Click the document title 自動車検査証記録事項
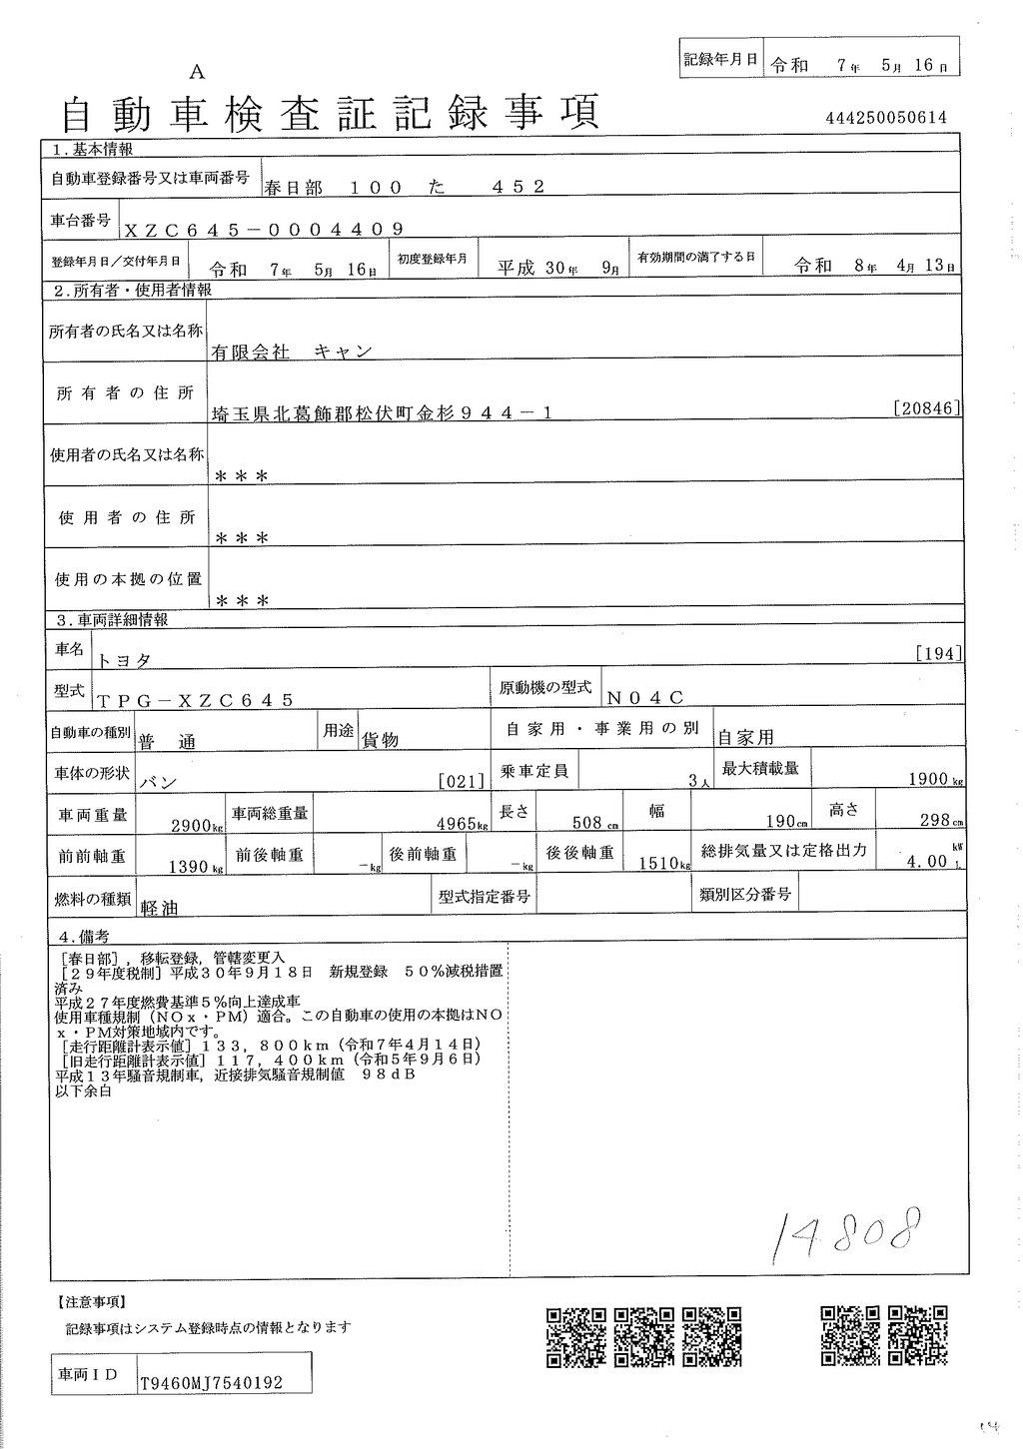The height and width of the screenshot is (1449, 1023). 331,115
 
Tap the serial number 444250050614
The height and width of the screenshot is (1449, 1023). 886,118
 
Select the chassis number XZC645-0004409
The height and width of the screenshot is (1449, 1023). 264,229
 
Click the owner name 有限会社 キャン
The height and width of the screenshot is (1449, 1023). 291,352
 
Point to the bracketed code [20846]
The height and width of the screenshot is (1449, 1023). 929,407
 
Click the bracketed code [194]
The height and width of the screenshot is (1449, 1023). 938,654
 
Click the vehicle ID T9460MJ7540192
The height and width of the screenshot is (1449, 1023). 212,1383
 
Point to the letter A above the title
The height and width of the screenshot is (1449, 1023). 196,71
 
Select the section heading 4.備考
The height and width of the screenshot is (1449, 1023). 83,937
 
